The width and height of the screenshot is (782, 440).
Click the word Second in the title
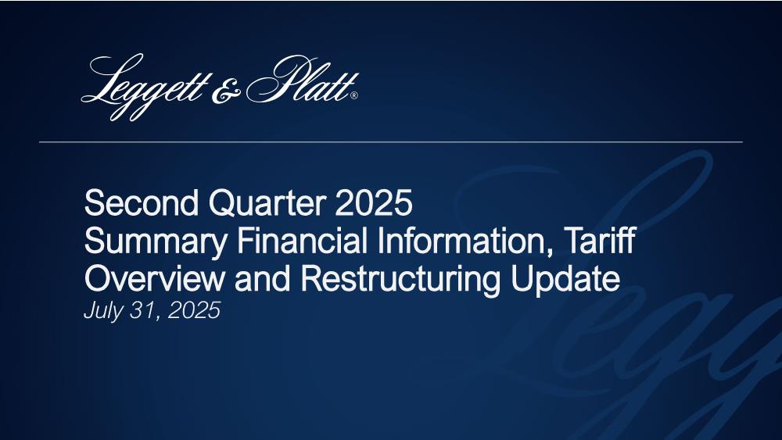[142, 202]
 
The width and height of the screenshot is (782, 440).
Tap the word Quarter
[267, 203]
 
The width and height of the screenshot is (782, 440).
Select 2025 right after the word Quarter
[374, 202]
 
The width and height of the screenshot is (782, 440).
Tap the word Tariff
[599, 240]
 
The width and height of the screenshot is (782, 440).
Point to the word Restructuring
[400, 280]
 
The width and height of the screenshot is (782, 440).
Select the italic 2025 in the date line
[194, 310]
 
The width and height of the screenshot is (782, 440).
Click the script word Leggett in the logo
[144, 88]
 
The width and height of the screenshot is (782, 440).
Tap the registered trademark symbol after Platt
[354, 95]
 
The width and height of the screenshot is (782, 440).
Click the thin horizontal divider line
[391, 142]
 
